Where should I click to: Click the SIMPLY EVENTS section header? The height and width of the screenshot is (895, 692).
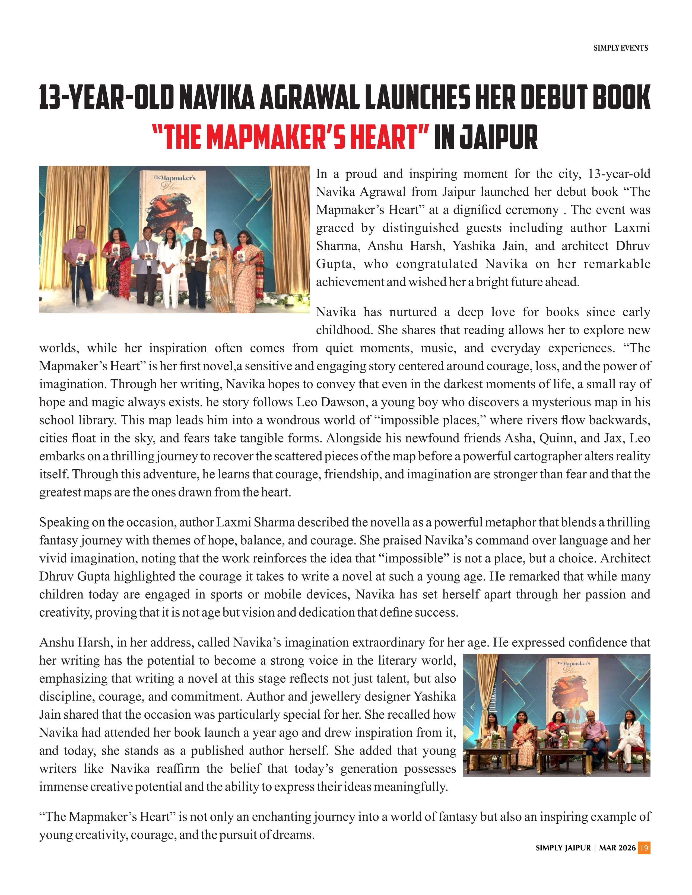[x=620, y=48]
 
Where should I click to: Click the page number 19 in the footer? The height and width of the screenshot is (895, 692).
[x=644, y=848]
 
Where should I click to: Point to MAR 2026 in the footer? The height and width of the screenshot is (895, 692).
[x=617, y=848]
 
